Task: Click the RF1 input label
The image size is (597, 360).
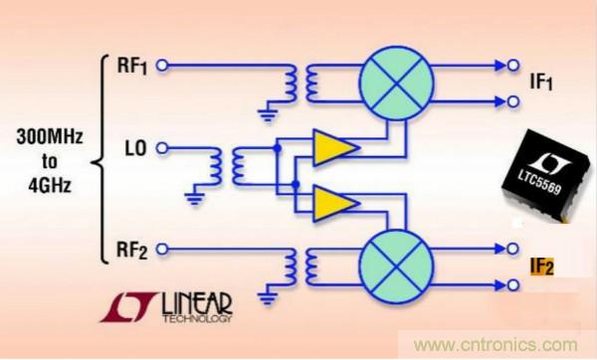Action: tap(132, 66)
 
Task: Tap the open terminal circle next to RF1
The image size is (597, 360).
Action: tap(162, 66)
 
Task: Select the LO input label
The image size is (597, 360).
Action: tap(135, 148)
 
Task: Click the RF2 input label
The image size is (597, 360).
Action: tap(131, 251)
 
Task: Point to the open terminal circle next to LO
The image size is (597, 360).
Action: tap(162, 148)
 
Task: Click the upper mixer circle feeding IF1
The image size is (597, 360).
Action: tap(397, 83)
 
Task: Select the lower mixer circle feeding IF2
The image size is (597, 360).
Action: tap(397, 267)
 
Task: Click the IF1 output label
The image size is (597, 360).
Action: tap(541, 83)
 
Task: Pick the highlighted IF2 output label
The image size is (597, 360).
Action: tap(542, 267)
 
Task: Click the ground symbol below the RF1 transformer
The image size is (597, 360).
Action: tap(268, 115)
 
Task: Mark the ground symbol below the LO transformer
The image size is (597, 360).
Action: tap(195, 199)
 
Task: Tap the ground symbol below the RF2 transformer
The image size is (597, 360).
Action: tap(268, 298)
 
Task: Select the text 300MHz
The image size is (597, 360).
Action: tap(50, 136)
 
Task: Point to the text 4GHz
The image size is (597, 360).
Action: tap(50, 185)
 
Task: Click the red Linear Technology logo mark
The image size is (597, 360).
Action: tap(128, 307)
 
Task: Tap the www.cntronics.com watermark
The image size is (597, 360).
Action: tap(496, 345)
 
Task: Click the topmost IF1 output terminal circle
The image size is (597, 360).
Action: tap(512, 66)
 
